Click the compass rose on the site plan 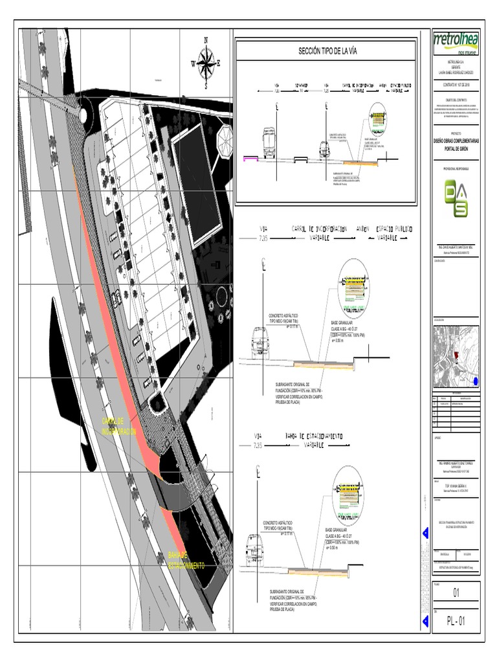[206, 62]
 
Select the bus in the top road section [267, 143]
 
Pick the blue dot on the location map [476, 380]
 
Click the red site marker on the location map [456, 355]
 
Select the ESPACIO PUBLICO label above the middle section [394, 229]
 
